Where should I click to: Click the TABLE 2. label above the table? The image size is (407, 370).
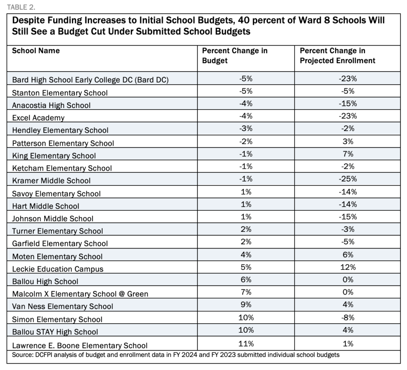pyautogui.click(x=21, y=7)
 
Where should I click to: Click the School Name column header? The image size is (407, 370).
pyautogui.click(x=36, y=50)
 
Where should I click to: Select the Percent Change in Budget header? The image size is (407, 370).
pyautogui.click(x=235, y=56)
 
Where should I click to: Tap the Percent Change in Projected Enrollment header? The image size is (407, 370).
pyautogui.click(x=337, y=56)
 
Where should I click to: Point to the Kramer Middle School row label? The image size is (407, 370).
pyautogui.click(x=51, y=181)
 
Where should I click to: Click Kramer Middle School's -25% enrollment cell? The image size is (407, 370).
pyautogui.click(x=347, y=179)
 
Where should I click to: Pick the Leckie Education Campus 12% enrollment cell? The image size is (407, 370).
pyautogui.click(x=348, y=267)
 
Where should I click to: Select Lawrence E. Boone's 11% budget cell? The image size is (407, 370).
pyautogui.click(x=246, y=343)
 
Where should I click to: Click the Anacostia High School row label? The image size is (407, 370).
pyautogui.click(x=51, y=105)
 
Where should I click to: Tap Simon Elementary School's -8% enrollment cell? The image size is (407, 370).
pyautogui.click(x=347, y=318)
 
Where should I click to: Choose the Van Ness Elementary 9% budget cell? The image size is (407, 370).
pyautogui.click(x=246, y=304)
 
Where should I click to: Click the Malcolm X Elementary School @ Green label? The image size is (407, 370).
pyautogui.click(x=80, y=294)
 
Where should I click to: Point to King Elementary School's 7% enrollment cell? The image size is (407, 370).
pyautogui.click(x=348, y=154)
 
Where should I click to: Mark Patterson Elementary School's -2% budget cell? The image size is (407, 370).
pyautogui.click(x=246, y=141)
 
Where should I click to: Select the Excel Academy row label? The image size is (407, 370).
pyautogui.click(x=38, y=118)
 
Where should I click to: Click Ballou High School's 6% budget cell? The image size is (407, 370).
pyautogui.click(x=246, y=279)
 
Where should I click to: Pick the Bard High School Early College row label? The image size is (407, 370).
pyautogui.click(x=90, y=80)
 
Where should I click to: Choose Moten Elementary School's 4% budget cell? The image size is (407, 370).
pyautogui.click(x=246, y=254)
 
